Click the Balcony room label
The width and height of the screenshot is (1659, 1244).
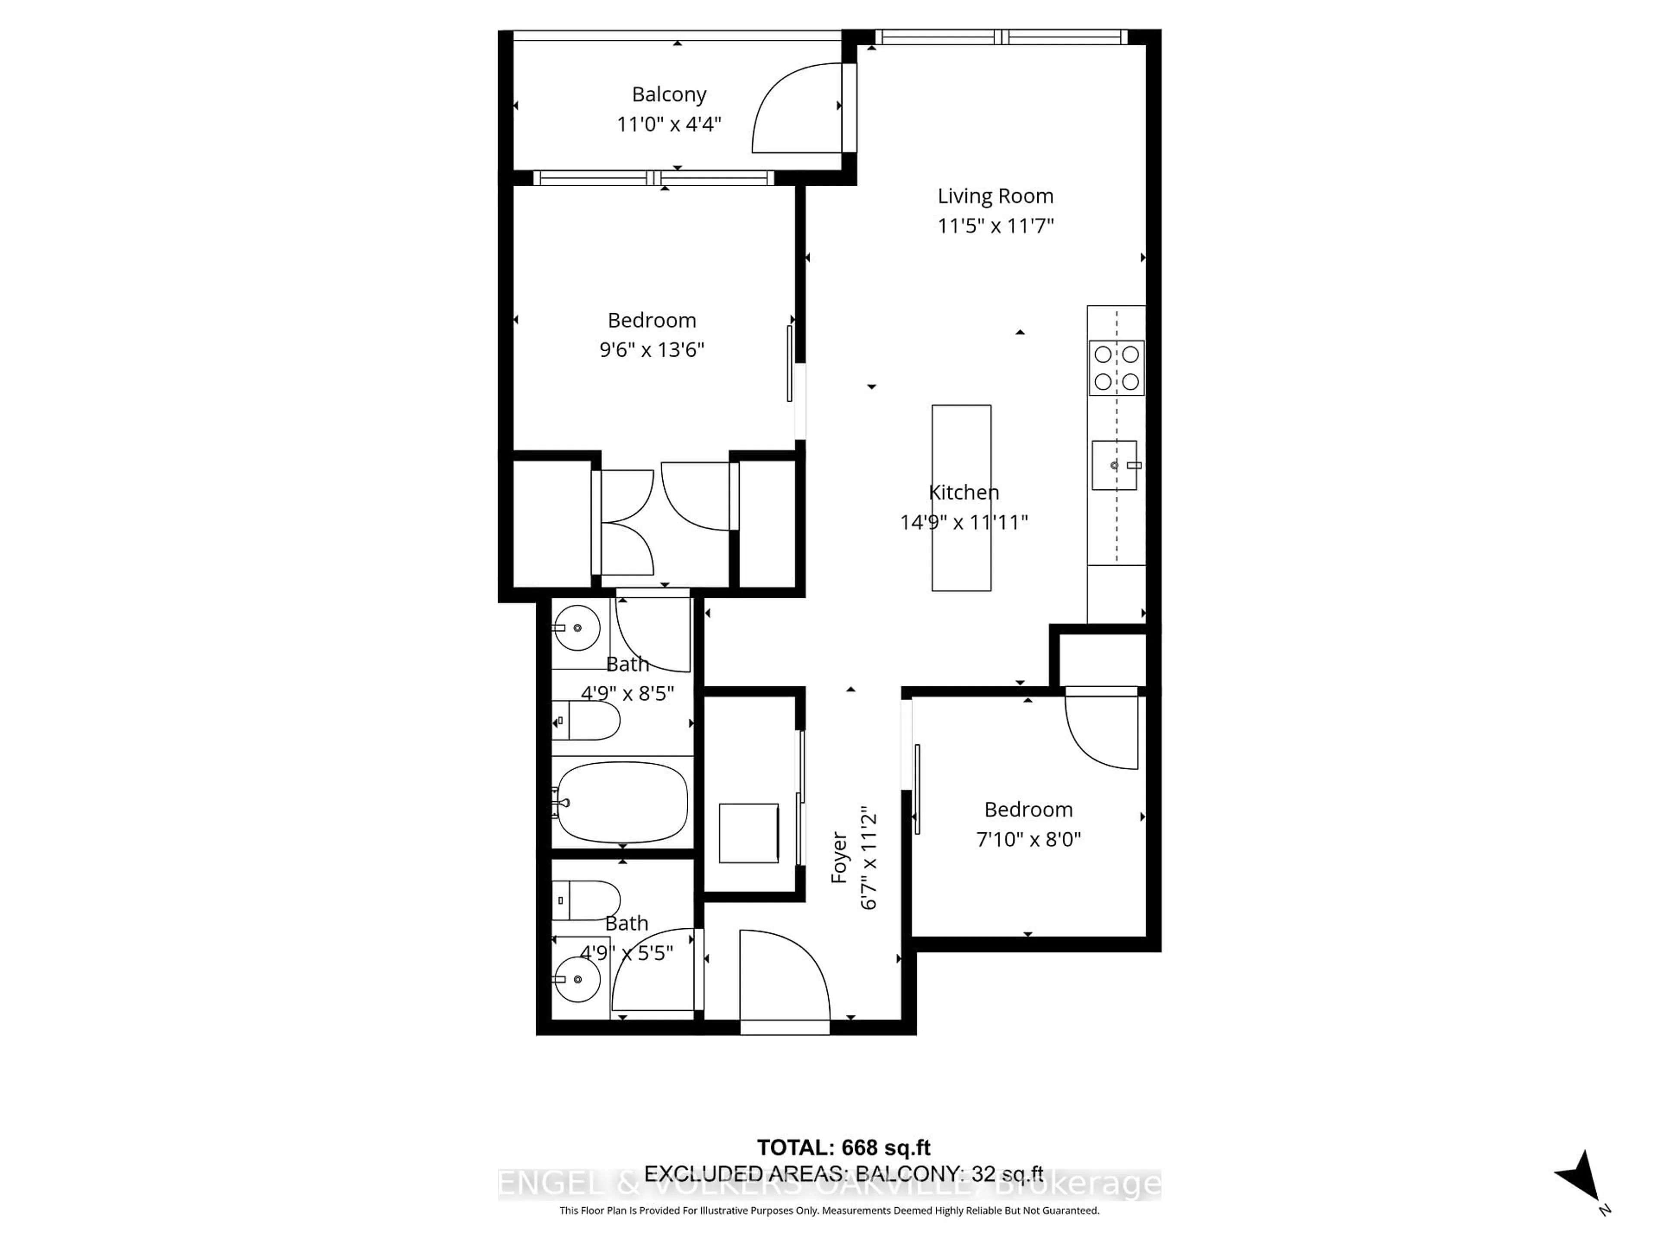[x=669, y=95]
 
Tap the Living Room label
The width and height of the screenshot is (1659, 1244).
[x=995, y=197]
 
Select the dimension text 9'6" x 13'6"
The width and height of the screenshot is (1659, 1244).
[x=652, y=349]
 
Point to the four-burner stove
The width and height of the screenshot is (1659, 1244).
[x=1116, y=368]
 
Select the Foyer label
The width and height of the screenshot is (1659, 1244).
[x=839, y=857]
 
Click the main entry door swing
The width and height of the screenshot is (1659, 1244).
[x=784, y=975]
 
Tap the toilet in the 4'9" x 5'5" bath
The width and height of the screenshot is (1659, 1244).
[x=587, y=900]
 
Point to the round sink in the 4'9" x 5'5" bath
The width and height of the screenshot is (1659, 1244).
[x=577, y=979]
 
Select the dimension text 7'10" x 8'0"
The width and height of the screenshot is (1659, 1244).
[x=1028, y=839]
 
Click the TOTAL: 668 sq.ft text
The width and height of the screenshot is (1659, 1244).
[x=844, y=1147]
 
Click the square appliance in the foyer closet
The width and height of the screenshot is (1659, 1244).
[x=749, y=833]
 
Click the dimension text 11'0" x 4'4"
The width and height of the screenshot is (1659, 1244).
[x=669, y=124]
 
